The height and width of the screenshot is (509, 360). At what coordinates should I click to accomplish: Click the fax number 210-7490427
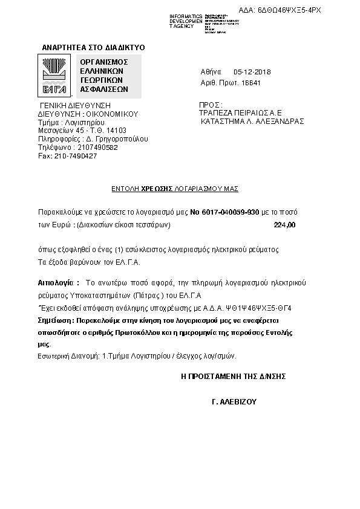tap(75, 156)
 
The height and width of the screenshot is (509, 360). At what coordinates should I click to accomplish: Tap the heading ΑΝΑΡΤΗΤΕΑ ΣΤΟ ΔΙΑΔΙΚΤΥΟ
tap(93, 47)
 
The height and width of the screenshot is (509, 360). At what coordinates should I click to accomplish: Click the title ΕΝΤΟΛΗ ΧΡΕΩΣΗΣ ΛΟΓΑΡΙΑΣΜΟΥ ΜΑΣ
tap(175, 189)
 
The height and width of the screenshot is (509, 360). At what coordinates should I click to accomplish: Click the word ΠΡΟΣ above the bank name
tap(209, 105)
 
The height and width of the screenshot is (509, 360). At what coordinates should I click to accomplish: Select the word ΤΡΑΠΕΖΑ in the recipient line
tap(217, 112)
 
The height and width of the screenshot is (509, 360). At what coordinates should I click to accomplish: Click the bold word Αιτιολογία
tap(58, 282)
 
